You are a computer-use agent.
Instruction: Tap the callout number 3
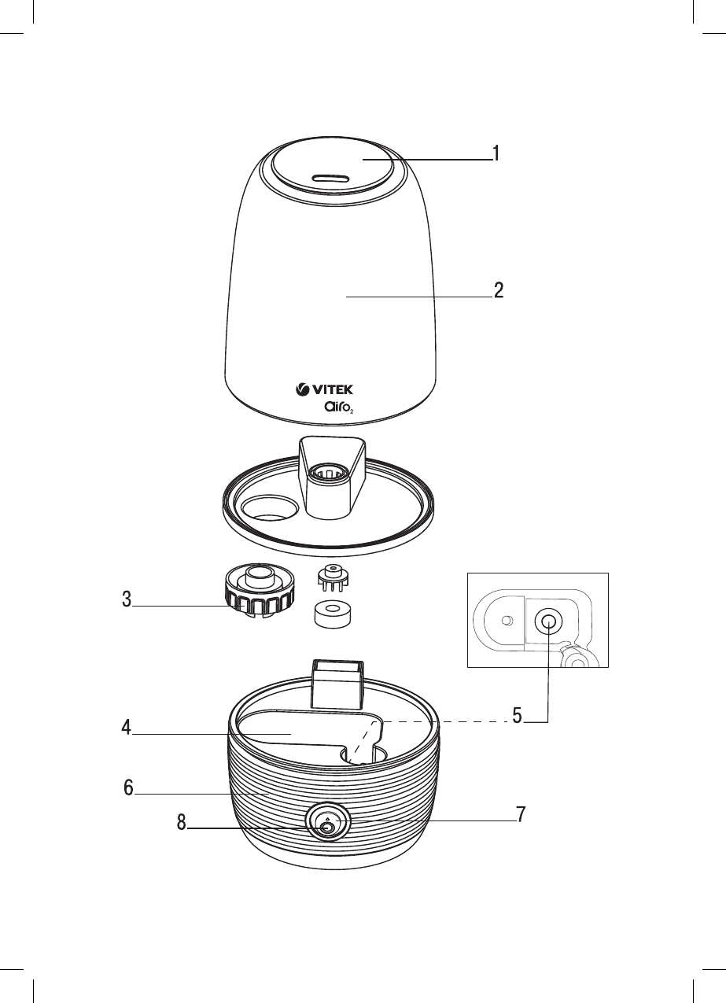coord(126,599)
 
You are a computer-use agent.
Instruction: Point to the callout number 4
coord(126,728)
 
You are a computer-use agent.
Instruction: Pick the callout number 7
coord(521,815)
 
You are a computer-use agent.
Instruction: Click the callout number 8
coord(181,823)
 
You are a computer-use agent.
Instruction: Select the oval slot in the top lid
coord(330,179)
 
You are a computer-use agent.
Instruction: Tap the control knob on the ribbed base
coord(327,824)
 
